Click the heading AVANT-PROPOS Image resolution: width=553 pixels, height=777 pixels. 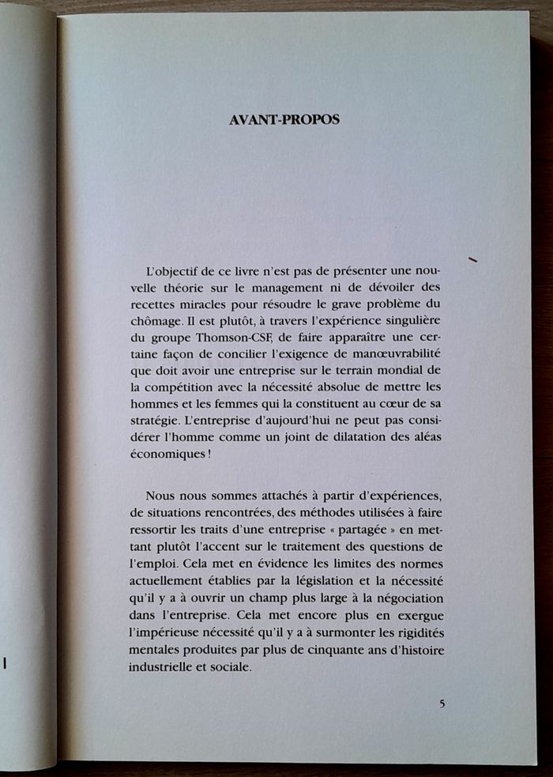284,121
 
